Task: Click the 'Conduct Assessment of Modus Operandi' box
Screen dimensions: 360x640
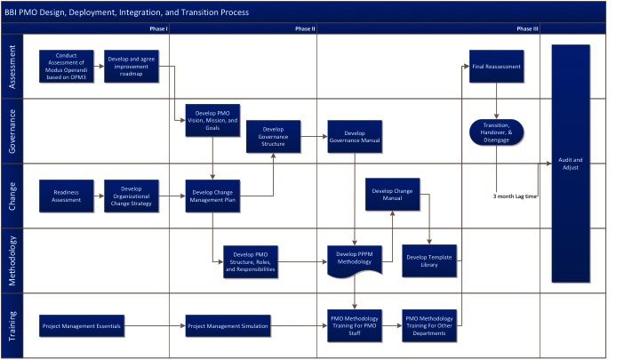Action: point(67,66)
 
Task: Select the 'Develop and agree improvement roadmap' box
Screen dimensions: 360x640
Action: point(132,66)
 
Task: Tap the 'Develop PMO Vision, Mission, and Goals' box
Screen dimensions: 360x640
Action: point(212,120)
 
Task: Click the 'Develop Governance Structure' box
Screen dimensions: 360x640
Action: point(273,137)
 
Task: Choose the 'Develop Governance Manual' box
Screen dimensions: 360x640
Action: point(355,137)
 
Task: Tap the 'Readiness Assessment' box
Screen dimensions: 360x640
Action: point(67,196)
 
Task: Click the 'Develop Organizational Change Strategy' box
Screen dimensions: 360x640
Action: point(132,196)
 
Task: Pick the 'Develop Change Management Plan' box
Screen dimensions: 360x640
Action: point(212,196)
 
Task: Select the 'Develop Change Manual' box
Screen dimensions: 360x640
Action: point(393,194)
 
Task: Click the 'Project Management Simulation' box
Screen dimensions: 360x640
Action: point(227,326)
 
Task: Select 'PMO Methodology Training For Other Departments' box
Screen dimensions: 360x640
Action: point(430,326)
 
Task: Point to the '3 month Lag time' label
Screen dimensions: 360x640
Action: point(515,196)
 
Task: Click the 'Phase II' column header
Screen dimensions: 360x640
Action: point(305,28)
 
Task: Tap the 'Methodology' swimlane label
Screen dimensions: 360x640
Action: point(12,260)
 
